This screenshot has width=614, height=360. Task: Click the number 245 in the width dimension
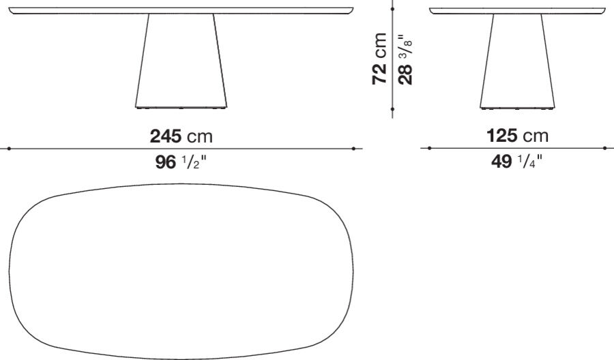pyautogui.click(x=166, y=136)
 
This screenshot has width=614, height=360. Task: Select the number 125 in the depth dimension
pyautogui.click(x=502, y=136)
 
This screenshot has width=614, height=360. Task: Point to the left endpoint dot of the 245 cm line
pyautogui.click(x=9, y=148)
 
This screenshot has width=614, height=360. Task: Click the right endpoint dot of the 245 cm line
pyautogui.click(x=353, y=148)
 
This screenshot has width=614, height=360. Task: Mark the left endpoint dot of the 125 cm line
pyautogui.click(x=430, y=148)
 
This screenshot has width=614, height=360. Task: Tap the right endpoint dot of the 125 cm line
pyautogui.click(x=605, y=148)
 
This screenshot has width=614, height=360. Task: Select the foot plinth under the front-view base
pyautogui.click(x=181, y=107)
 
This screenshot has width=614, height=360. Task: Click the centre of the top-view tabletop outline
pyautogui.click(x=181, y=271)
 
